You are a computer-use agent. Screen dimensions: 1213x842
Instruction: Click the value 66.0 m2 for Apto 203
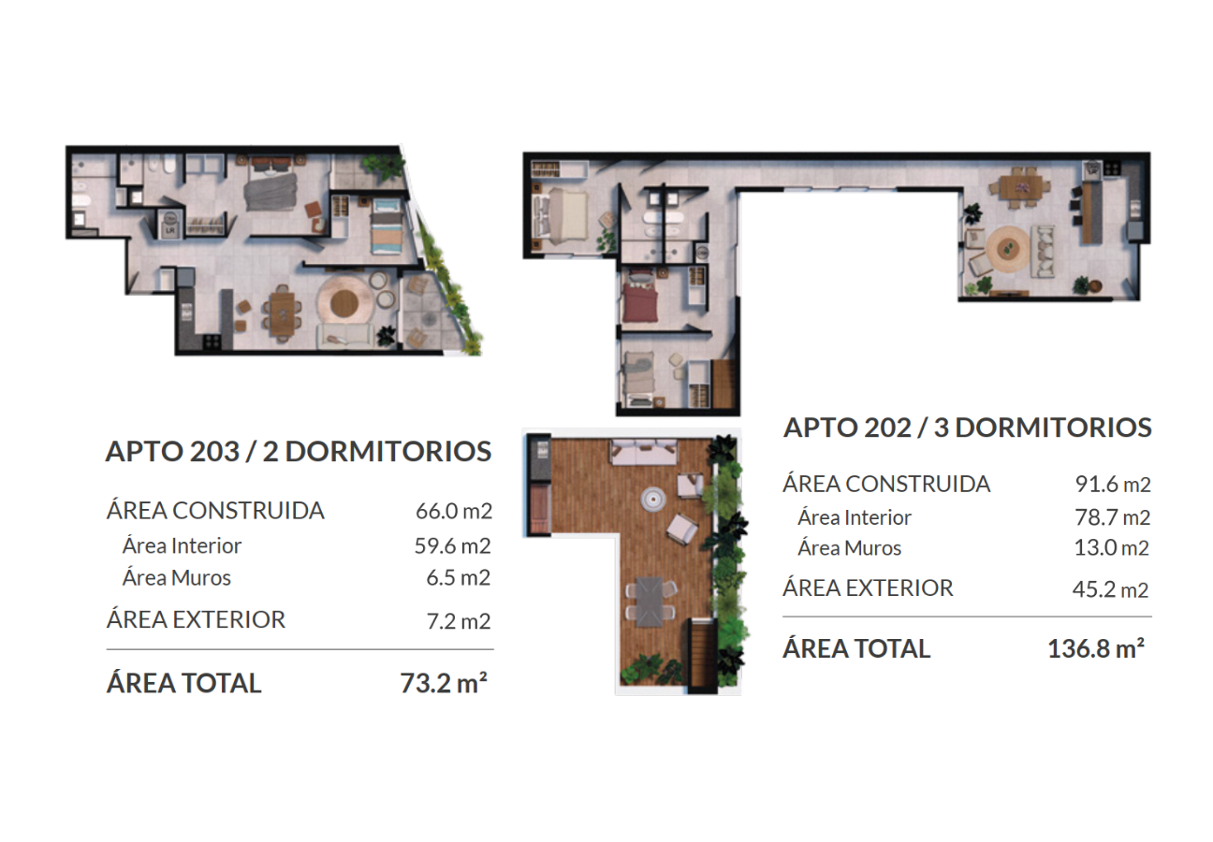tap(454, 511)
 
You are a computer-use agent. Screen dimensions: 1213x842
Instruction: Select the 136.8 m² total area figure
tap(1096, 648)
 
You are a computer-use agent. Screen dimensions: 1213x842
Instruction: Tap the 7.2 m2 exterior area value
tap(458, 621)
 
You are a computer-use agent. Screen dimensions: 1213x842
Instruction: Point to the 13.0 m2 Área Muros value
tap(1111, 547)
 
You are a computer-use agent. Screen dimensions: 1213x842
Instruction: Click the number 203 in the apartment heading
tap(215, 451)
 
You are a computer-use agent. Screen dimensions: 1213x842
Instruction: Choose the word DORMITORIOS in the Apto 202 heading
tap(1053, 428)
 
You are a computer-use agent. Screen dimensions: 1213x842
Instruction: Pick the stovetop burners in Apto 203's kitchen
tap(212, 341)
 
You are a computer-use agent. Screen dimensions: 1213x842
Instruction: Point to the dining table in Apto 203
tap(282, 314)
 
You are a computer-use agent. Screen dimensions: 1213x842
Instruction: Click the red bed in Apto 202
tap(640, 298)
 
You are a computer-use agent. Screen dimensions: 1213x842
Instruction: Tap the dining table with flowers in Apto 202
tap(1020, 188)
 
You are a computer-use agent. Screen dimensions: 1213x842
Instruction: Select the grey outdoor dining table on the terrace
tap(650, 602)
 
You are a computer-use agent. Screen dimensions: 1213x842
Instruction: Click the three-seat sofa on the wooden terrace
tap(643, 453)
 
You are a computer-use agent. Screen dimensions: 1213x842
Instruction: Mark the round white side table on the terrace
tap(653, 499)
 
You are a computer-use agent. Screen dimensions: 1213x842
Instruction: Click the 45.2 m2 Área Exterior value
tap(1110, 589)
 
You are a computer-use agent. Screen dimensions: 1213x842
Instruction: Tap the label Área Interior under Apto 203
tap(182, 545)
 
